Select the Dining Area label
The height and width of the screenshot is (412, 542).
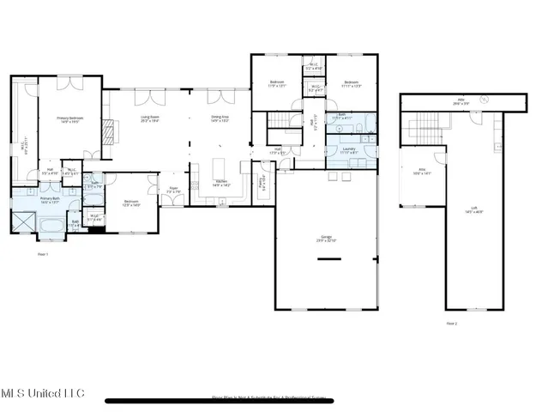[220, 119]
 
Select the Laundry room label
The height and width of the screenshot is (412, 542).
[348, 149]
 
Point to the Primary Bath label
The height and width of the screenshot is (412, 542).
[50, 201]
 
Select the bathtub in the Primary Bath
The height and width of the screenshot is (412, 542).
[50, 226]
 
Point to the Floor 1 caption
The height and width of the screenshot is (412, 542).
[43, 254]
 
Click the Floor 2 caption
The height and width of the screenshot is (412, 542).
[452, 324]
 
